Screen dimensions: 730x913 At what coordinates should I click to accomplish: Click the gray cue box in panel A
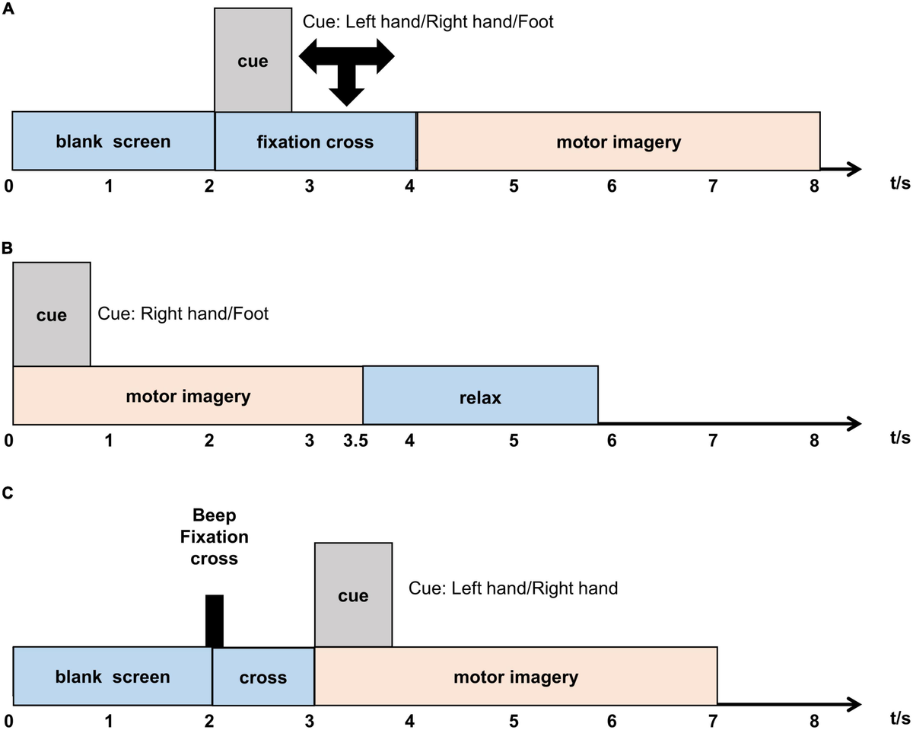click(253, 60)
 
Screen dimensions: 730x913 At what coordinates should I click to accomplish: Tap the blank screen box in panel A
click(113, 142)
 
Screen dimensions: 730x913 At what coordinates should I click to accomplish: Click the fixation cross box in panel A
click(315, 142)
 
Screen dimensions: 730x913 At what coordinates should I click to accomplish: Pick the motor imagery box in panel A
click(618, 142)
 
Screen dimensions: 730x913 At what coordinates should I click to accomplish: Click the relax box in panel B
click(480, 396)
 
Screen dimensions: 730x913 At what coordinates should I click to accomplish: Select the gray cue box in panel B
click(52, 314)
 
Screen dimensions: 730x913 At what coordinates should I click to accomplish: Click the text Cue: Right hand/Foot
click(183, 313)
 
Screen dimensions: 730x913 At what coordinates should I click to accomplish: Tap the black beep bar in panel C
click(215, 621)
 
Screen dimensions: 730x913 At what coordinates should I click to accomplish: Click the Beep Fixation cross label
click(214, 537)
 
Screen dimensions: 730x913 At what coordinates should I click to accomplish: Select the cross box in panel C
click(262, 677)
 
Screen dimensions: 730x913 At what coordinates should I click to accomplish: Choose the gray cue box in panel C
click(353, 595)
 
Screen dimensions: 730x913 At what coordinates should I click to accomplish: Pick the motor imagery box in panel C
click(516, 677)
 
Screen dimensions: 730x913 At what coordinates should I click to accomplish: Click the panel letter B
click(7, 248)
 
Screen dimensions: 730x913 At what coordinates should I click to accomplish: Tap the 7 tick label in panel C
click(713, 719)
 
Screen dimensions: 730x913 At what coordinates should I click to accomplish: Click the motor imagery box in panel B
click(187, 396)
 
